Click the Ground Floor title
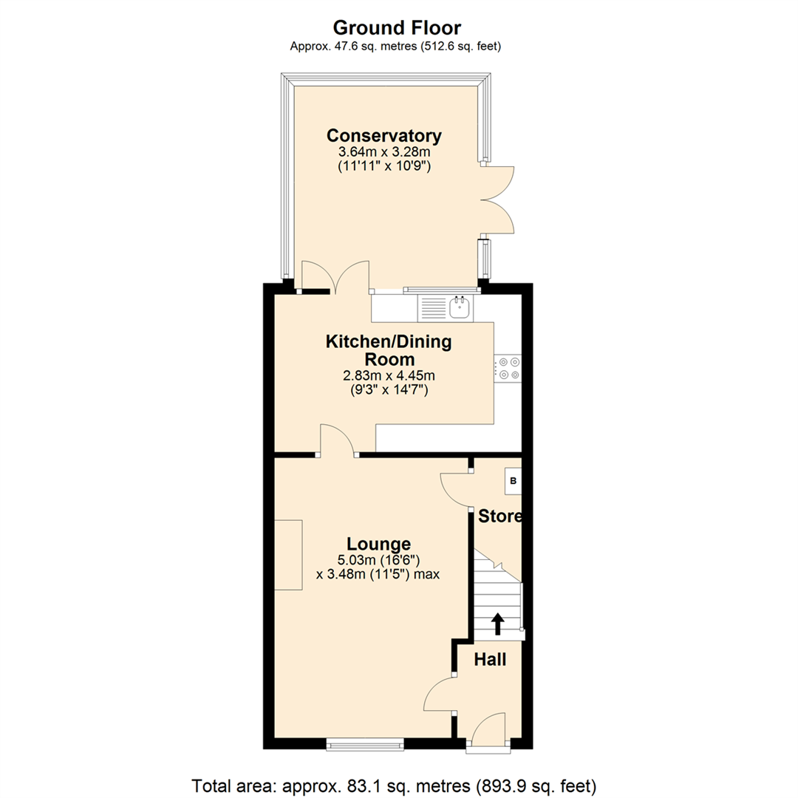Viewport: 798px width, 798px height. pyautogui.click(x=397, y=28)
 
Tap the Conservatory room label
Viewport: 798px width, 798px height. pyautogui.click(x=384, y=136)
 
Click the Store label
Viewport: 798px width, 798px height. pyautogui.click(x=499, y=516)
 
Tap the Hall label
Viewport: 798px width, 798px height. pyautogui.click(x=490, y=659)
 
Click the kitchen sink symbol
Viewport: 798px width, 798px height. pyautogui.click(x=460, y=307)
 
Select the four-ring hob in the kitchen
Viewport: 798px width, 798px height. pyautogui.click(x=508, y=368)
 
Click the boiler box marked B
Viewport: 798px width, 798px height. pyautogui.click(x=513, y=482)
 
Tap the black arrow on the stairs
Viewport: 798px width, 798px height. pyautogui.click(x=497, y=624)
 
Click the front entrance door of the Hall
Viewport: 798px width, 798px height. pyautogui.click(x=488, y=731)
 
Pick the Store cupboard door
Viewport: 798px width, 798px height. pyautogui.click(x=454, y=489)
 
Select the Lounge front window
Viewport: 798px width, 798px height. pyautogui.click(x=365, y=744)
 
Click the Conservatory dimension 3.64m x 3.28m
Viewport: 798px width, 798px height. pyautogui.click(x=384, y=153)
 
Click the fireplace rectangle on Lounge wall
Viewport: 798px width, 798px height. pyautogui.click(x=289, y=555)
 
